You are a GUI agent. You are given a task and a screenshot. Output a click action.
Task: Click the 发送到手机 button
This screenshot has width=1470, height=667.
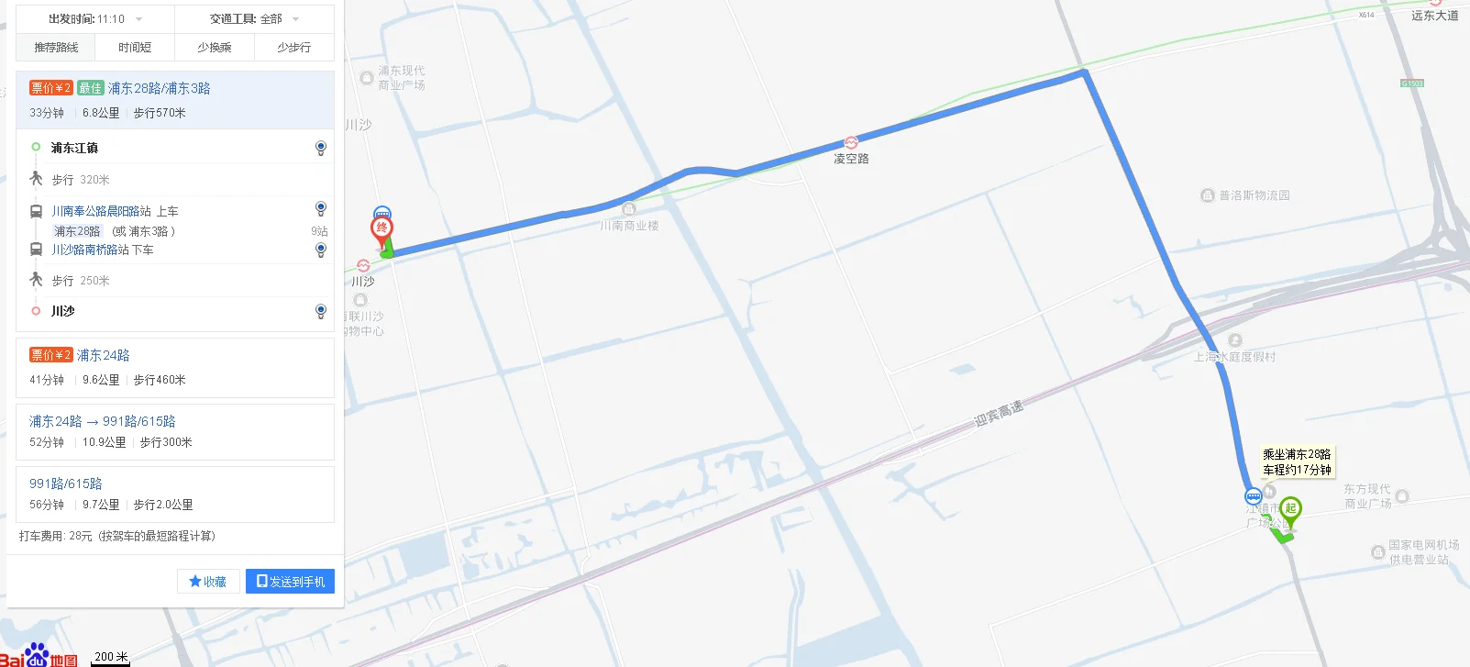(290, 581)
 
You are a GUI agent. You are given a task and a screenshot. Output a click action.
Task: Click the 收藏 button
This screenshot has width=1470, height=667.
(208, 581)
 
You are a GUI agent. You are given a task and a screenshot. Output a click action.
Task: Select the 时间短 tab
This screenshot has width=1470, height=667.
(135, 47)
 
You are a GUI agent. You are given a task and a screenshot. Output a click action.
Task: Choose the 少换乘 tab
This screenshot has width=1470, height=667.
(215, 47)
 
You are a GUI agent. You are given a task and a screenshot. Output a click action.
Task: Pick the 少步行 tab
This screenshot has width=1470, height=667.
(293, 47)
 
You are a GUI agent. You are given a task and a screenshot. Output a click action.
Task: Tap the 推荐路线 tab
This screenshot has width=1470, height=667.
(56, 47)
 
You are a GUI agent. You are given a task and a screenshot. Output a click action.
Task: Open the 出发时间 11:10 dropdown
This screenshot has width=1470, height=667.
(95, 18)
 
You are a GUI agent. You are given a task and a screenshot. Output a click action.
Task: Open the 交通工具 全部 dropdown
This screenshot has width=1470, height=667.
(254, 18)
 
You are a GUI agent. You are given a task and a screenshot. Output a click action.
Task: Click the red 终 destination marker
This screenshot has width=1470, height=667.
(382, 228)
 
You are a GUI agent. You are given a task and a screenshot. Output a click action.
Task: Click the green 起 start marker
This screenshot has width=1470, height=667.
(1290, 508)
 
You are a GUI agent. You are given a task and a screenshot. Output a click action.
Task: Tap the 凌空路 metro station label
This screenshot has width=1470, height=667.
(851, 159)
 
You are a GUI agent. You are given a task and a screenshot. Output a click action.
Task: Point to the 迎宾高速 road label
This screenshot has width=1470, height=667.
(998, 414)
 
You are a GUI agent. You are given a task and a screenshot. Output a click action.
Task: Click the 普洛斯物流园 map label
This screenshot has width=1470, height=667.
(1254, 195)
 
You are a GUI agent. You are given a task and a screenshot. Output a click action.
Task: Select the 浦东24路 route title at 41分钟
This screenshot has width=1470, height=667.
(103, 355)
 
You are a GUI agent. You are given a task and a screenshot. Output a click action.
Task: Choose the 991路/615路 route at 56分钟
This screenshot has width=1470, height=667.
(66, 484)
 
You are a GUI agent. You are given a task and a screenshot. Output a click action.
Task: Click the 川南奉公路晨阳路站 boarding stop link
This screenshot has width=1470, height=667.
(101, 211)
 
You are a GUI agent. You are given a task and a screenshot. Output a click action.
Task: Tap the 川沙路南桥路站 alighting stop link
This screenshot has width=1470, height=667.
(90, 250)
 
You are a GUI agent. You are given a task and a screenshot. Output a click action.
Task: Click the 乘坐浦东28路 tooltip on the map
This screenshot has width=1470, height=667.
(1297, 461)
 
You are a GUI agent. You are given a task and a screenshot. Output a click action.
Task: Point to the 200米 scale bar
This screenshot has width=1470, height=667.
(111, 658)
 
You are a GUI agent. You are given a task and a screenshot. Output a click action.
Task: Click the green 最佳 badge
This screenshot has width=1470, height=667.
(90, 88)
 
